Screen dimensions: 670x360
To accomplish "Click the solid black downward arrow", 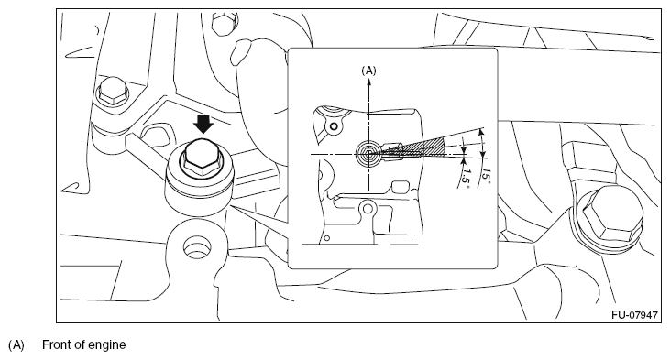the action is point(203,125).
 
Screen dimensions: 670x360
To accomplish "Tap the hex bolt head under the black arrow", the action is point(201,158).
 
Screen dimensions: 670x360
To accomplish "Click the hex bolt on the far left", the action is point(114,91).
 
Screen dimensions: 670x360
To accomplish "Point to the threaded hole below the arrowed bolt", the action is point(197,246).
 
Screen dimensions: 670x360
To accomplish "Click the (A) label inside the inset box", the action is point(368,71).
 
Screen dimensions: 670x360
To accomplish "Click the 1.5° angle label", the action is point(466,176).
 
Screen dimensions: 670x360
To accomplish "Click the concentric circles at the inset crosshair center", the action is point(368,153).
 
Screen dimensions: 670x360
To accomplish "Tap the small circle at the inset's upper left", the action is point(335,126).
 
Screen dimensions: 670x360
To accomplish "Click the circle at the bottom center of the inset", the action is point(368,209).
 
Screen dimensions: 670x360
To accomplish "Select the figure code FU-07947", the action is point(634,315).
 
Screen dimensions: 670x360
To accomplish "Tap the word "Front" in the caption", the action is point(57,344).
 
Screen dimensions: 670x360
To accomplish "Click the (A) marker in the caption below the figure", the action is point(16,344).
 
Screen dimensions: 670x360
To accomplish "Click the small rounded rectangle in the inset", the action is point(401,188).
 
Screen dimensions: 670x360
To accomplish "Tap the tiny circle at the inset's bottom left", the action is point(327,238).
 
